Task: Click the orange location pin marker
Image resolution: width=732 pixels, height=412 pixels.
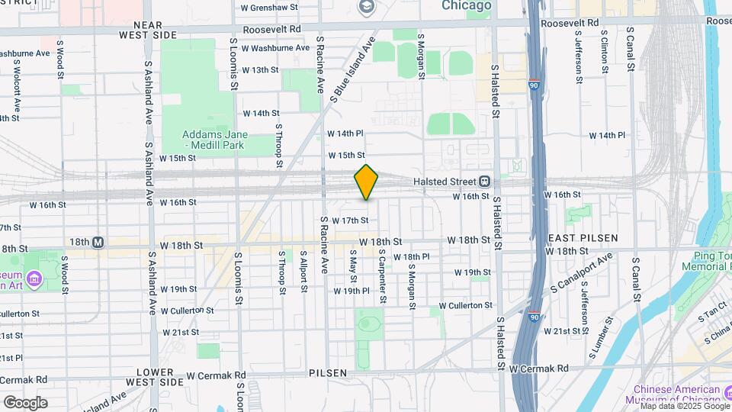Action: (367, 182)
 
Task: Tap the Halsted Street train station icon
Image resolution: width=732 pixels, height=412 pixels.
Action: (484, 182)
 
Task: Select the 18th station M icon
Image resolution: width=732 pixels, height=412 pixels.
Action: (98, 242)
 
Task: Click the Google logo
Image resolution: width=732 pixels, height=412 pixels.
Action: (24, 402)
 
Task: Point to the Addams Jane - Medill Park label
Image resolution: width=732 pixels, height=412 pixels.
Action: (207, 139)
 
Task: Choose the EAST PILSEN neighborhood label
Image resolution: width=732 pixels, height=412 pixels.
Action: (583, 238)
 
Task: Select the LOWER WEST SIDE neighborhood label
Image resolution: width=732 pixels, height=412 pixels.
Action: (160, 376)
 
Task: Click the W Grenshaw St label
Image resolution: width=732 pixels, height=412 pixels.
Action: (268, 8)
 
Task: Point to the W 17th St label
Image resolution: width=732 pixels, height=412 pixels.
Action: (350, 220)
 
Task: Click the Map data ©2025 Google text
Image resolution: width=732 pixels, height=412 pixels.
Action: (684, 406)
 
